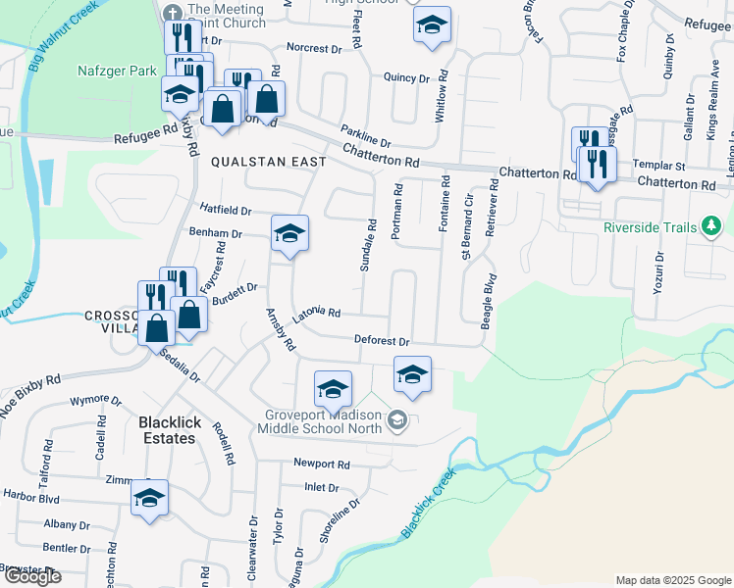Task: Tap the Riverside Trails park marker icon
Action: tap(708, 228)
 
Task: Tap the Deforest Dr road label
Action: tap(382, 340)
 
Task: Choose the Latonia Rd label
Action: tap(316, 313)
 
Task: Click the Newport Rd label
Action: tap(321, 464)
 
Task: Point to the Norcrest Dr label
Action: tap(312, 47)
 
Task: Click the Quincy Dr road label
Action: tap(407, 77)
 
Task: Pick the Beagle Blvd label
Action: tap(486, 296)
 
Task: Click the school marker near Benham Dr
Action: tap(289, 234)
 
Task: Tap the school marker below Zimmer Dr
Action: tap(149, 499)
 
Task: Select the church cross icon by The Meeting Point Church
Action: tap(173, 13)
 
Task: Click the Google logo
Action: tap(32, 576)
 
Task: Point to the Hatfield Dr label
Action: tap(226, 210)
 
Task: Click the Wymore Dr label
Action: tap(95, 401)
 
